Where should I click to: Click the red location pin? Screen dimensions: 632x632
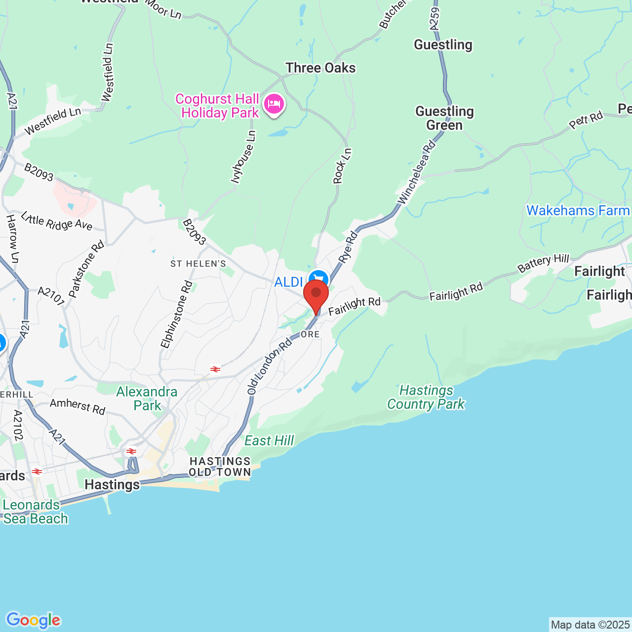316,295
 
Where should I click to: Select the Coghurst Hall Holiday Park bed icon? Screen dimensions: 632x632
274,104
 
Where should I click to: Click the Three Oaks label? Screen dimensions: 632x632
320,68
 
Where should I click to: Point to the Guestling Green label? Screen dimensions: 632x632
444,118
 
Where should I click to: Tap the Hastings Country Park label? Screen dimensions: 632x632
426,397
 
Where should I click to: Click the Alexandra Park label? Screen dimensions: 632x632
147,398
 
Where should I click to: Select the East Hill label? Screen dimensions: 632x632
269,440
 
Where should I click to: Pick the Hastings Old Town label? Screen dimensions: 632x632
220,467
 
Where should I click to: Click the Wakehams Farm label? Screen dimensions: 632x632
578,211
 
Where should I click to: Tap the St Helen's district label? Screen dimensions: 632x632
198,264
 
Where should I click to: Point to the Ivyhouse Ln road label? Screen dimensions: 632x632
244,157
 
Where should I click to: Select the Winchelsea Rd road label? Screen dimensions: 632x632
417,172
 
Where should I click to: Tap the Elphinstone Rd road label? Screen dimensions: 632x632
177,314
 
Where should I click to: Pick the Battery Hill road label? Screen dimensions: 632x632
543,263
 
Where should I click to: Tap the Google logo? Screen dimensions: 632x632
34,620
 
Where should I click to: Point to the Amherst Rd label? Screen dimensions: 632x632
78,406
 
